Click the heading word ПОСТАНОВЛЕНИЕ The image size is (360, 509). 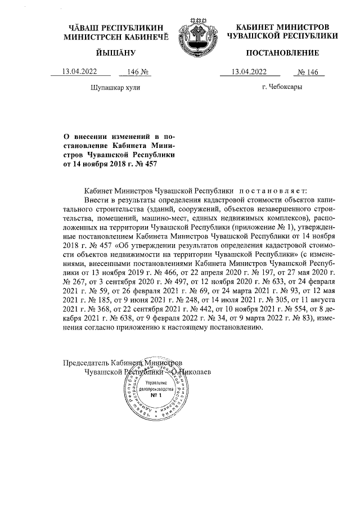point(282,53)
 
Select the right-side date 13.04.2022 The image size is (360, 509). point(250,71)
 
